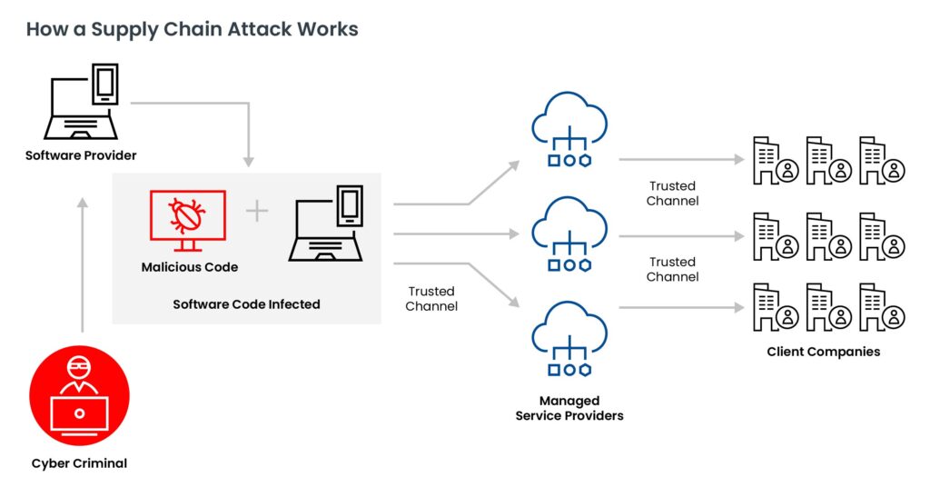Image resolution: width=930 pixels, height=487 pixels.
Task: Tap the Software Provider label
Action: point(81,155)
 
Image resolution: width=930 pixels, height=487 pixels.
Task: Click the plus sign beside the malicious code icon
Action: point(257,212)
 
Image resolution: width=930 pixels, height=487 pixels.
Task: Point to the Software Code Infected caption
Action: point(246,304)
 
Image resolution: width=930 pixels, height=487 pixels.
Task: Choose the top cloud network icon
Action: point(569,131)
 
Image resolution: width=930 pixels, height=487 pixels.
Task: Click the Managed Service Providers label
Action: point(569,408)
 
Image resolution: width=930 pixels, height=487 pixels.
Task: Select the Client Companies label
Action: point(823,352)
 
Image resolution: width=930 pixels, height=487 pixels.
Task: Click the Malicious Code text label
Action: point(189,267)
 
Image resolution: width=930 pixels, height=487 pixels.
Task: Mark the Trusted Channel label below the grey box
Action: point(430,299)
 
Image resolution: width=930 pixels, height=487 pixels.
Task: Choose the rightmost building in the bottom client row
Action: point(881,306)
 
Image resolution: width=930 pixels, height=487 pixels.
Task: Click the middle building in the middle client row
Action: point(827,236)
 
